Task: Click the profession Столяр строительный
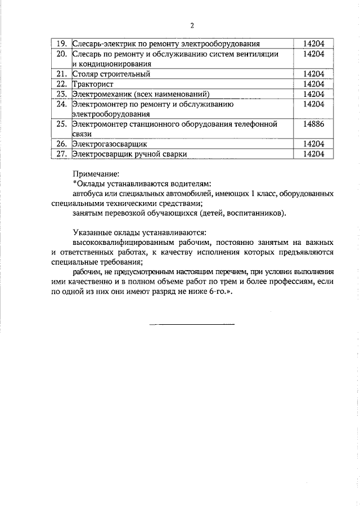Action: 110,74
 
